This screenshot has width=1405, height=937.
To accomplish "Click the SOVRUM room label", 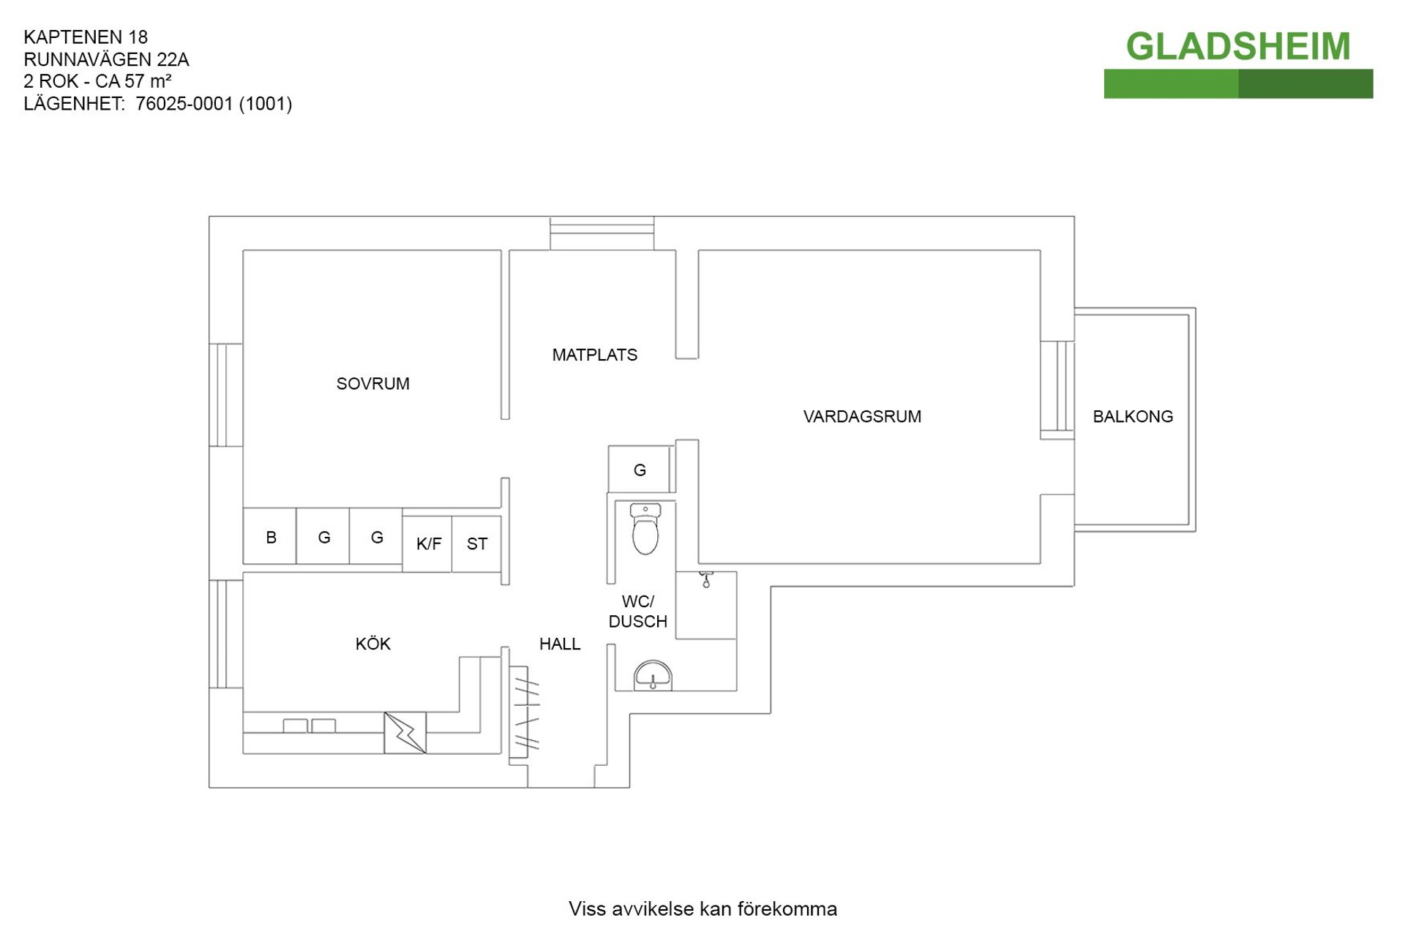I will [372, 383].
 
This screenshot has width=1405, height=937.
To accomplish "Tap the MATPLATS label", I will [594, 355].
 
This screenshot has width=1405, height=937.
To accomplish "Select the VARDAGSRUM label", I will [862, 416].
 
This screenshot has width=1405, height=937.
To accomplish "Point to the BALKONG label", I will [1132, 416].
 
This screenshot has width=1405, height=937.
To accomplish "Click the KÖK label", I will [372, 644].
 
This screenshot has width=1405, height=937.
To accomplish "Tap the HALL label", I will [560, 644].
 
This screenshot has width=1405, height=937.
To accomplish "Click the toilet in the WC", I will [645, 530].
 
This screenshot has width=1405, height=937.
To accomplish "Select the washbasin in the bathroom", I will [652, 677].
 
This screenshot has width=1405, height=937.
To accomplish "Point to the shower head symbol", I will [706, 580].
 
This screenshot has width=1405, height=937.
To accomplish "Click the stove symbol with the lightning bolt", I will [405, 733].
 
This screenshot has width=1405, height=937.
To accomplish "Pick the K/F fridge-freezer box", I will [428, 543].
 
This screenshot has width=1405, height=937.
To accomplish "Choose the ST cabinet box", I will [476, 543].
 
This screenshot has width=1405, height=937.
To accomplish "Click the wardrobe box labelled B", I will [270, 538].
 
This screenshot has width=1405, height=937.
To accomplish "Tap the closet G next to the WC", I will [639, 470].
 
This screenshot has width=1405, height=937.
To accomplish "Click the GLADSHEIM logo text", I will [1237, 47].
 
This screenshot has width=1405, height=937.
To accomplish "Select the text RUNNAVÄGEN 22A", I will [106, 59].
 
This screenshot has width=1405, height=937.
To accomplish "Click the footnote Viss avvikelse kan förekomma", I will [702, 908].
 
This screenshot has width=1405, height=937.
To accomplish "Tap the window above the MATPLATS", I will [602, 233].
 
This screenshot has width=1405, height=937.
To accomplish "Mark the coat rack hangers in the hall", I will [525, 713].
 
